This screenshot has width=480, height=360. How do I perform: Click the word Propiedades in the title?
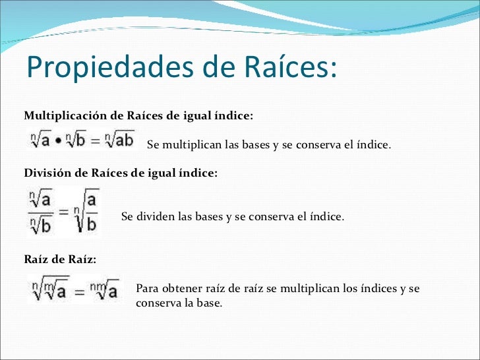[x=102, y=67]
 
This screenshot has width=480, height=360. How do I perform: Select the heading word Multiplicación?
[x=65, y=116]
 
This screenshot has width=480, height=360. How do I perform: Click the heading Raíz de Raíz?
[x=60, y=260]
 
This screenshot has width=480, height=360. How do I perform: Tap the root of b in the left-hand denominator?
[x=42, y=225]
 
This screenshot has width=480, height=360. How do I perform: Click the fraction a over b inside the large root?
[x=91, y=211]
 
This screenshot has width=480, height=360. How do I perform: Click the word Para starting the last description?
[x=146, y=289]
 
